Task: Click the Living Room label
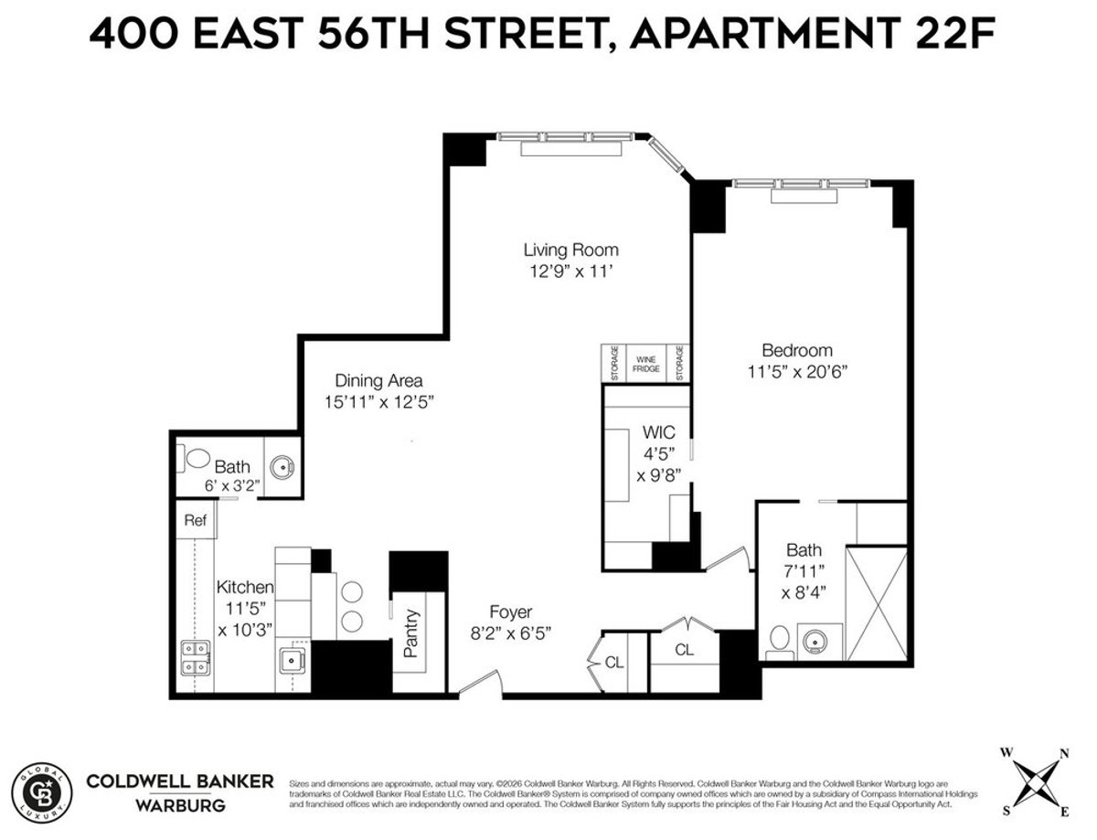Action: point(570,250)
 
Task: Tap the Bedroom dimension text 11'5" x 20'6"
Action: point(797,372)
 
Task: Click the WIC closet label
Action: point(657,431)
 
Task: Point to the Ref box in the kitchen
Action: point(195,521)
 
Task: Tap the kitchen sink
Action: point(294,658)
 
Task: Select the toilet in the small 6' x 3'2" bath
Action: point(194,456)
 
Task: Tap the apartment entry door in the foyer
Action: point(481,685)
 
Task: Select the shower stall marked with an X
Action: point(876,604)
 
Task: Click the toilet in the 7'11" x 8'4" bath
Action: point(778,643)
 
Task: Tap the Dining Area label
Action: point(378,380)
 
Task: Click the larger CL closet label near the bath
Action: point(684,650)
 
